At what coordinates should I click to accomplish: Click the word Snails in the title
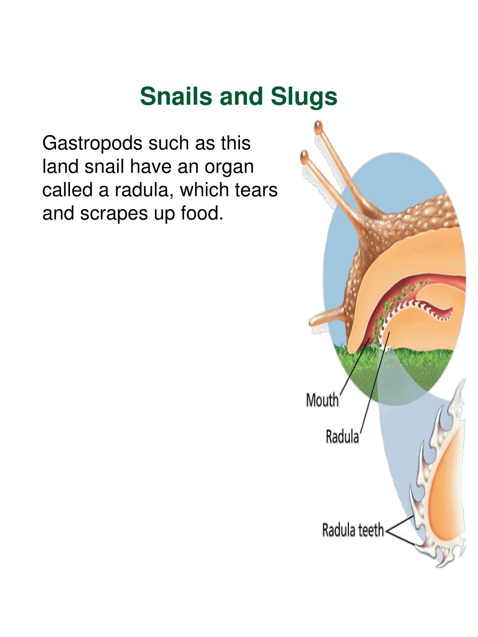(x=176, y=96)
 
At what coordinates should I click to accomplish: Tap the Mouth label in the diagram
(x=322, y=400)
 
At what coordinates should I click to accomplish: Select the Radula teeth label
(x=353, y=530)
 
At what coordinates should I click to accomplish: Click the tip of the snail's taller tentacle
(x=318, y=127)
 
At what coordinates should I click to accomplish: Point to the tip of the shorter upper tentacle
(x=304, y=157)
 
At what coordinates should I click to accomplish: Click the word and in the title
(x=241, y=96)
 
